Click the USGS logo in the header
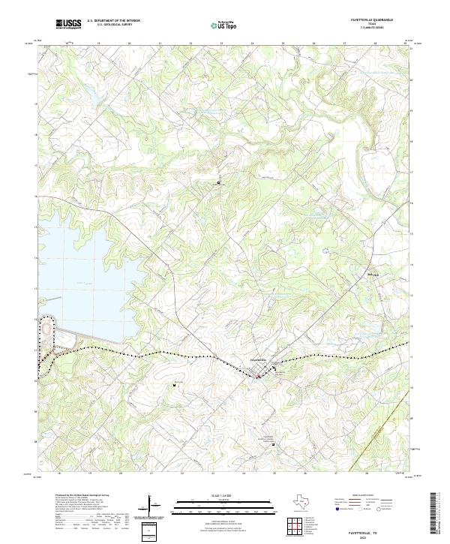[x=68, y=24]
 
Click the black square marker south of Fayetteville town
[x=273, y=444]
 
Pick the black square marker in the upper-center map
[x=218, y=182]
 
